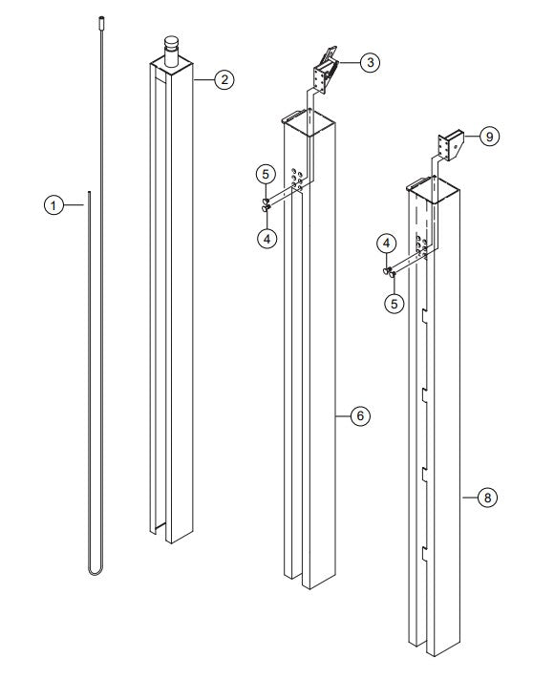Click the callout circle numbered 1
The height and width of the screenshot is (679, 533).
54,204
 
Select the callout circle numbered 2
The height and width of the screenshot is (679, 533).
222,80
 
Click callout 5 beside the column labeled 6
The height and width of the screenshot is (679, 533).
266,175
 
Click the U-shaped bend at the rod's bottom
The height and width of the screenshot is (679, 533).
93,569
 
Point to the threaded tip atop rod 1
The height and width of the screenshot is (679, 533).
99,18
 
